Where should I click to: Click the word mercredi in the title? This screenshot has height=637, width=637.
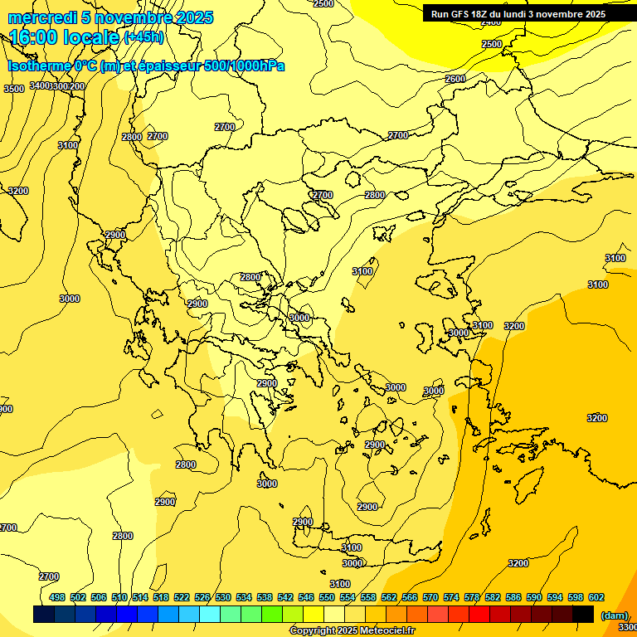pyautogui.click(x=41, y=17)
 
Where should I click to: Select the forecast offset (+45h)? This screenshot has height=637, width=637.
pyautogui.click(x=143, y=37)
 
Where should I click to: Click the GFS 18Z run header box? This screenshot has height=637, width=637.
pyautogui.click(x=518, y=14)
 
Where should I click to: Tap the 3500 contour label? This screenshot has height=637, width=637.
pyautogui.click(x=14, y=89)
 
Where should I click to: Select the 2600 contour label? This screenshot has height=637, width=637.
pyautogui.click(x=455, y=79)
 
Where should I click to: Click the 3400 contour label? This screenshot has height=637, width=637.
pyautogui.click(x=40, y=86)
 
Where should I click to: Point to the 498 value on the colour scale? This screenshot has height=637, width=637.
pyautogui.click(x=57, y=597)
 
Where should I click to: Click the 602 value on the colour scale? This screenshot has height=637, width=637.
pyautogui.click(x=596, y=597)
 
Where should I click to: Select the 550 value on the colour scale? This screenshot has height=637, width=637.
pyautogui.click(x=327, y=597)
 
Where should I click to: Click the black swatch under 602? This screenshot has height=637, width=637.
pyautogui.click(x=583, y=614)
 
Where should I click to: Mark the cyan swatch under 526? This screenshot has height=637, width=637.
pyautogui.click(x=210, y=614)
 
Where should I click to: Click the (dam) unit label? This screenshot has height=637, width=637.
pyautogui.click(x=615, y=615)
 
